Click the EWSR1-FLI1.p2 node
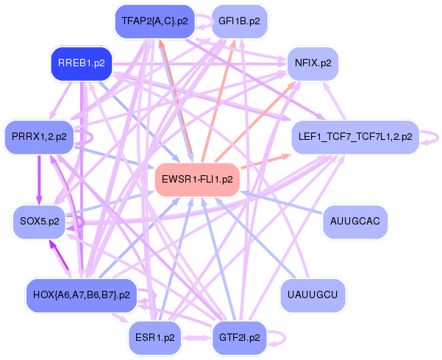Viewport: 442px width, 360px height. (198, 180)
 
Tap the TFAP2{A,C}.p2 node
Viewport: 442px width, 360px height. (154, 21)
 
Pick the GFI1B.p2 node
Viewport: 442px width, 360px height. (239, 21)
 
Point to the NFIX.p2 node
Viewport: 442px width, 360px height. (313, 63)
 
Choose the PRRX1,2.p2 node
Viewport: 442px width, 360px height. (39, 136)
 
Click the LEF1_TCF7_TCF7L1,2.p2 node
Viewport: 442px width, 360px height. (355, 136)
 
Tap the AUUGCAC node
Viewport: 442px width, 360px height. (355, 220)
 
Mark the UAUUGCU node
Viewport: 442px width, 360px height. (313, 294)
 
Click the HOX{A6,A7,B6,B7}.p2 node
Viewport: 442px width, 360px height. (81, 294)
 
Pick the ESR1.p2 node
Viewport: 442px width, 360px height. (154, 338)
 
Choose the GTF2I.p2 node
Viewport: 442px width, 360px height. (239, 338)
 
